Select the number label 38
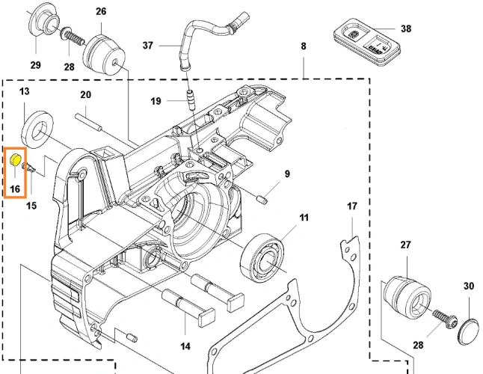[x=405, y=29]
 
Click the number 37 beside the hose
[x=147, y=46]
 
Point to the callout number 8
[x=303, y=46]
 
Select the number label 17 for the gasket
[x=351, y=206]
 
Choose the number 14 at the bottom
[x=185, y=346]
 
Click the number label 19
[x=155, y=101]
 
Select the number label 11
[x=304, y=218]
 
